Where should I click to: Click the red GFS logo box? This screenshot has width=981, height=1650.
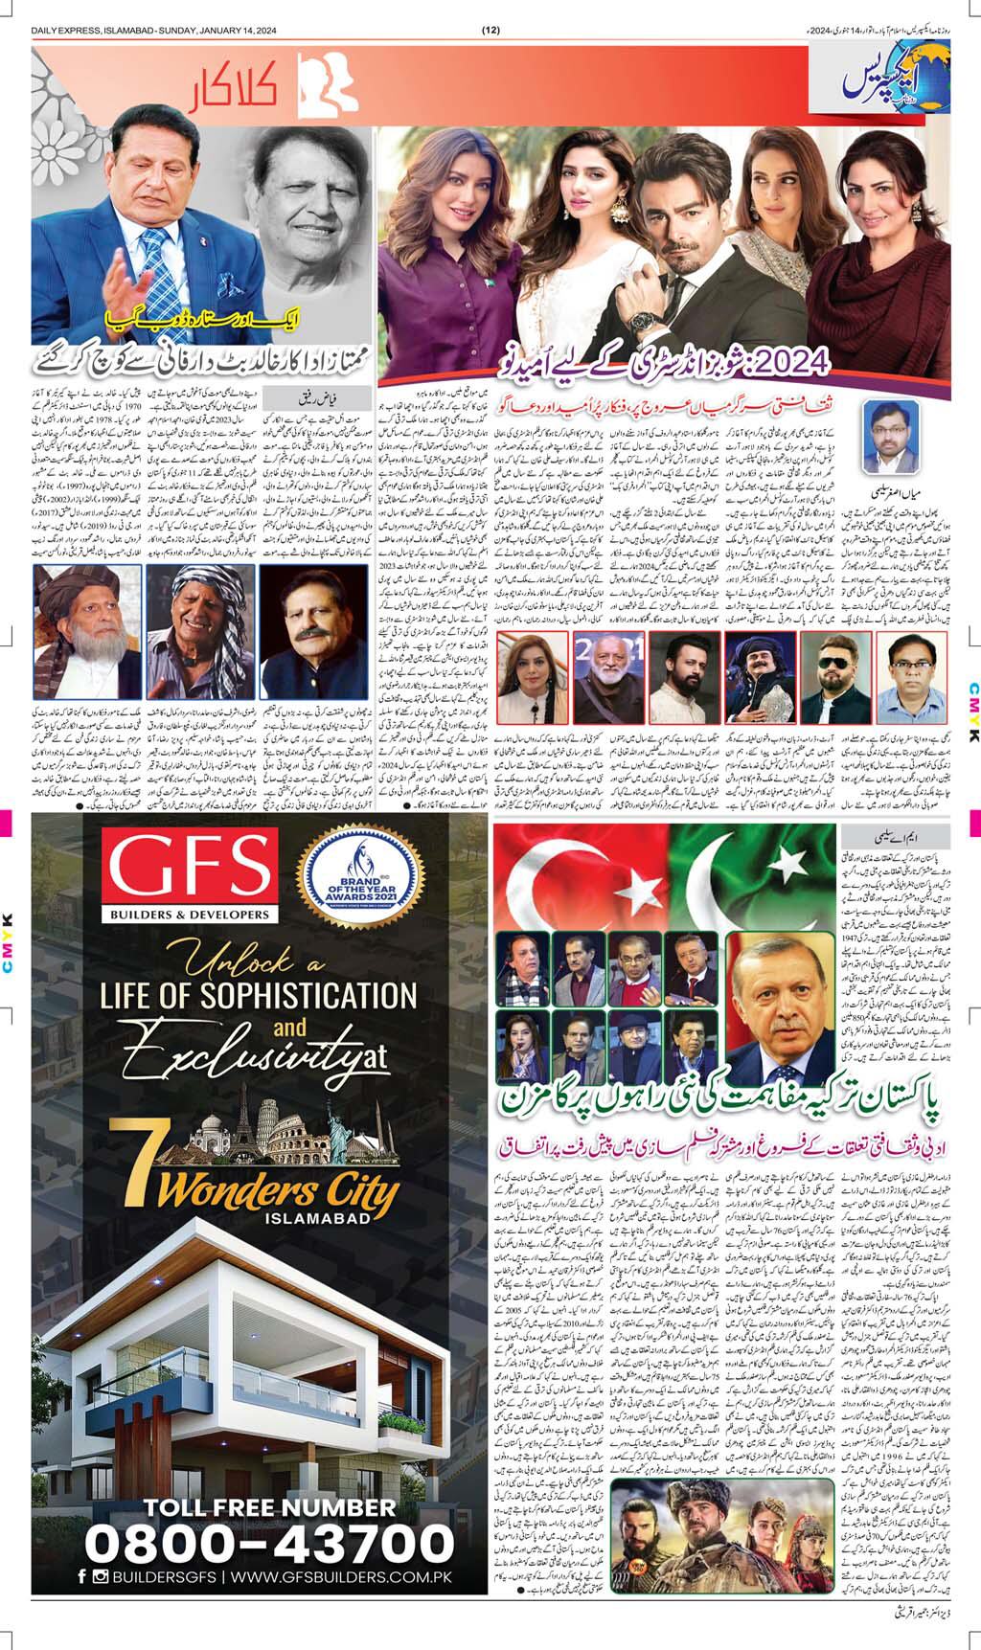coord(190,866)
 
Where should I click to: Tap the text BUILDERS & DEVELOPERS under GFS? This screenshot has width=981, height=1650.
coord(190,915)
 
